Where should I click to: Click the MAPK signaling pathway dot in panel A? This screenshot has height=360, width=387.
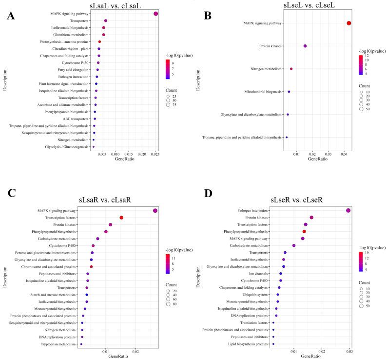tap(155, 14)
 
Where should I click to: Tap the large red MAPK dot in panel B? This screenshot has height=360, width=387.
tap(348, 23)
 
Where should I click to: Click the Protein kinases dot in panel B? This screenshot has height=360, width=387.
tap(305, 46)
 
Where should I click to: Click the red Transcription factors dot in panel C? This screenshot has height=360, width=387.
tap(121, 218)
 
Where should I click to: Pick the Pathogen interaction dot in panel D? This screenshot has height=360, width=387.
tap(348, 210)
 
